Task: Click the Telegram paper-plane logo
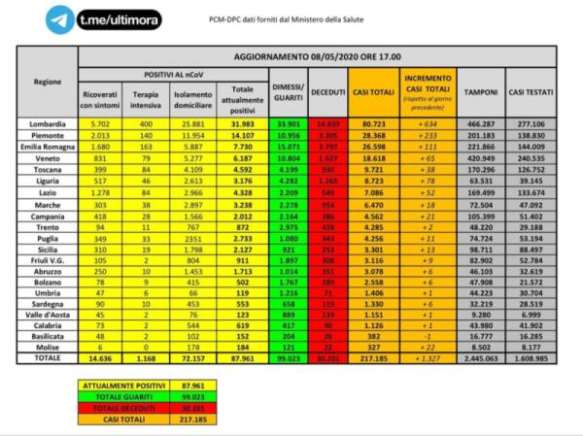coord(60,18)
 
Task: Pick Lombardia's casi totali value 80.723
coord(371,124)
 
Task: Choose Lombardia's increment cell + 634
coord(425,124)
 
